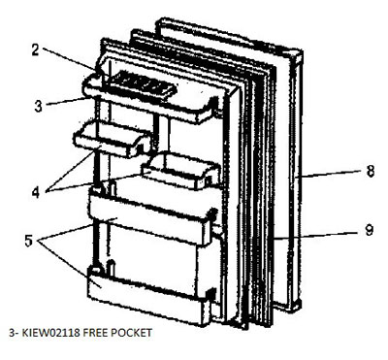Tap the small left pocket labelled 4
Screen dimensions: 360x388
click(114, 146)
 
